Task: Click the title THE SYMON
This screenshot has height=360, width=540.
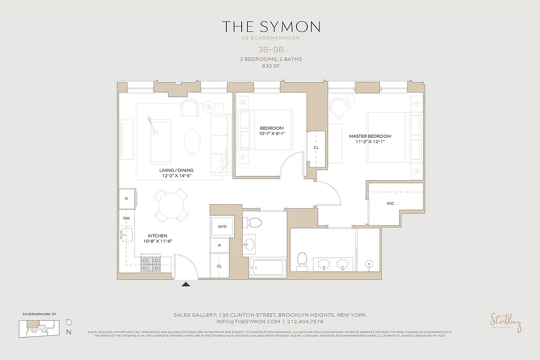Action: click(x=270, y=27)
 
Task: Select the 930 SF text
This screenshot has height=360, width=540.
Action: click(x=270, y=66)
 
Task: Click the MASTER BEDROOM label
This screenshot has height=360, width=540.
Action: click(x=370, y=136)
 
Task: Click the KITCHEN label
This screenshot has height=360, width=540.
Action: click(x=158, y=236)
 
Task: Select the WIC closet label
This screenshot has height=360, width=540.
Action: click(x=390, y=203)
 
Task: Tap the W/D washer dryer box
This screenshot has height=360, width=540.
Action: click(x=222, y=226)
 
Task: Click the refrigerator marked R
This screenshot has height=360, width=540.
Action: click(x=126, y=198)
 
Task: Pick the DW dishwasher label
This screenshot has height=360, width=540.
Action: click(x=126, y=218)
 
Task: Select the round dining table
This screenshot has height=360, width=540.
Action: click(x=171, y=205)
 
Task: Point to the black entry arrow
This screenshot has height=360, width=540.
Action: click(x=185, y=284)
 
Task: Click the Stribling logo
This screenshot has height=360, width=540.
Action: click(x=506, y=322)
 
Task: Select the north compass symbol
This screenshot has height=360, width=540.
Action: click(x=68, y=323)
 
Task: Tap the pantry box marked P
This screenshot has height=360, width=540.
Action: click(x=219, y=246)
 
